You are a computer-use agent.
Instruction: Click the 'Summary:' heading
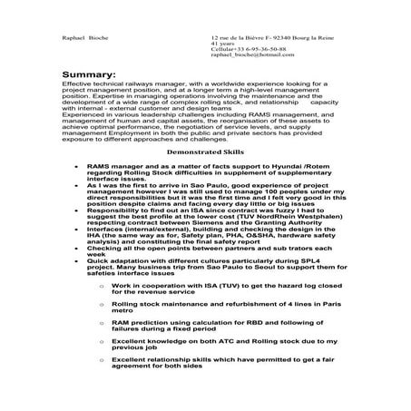(89, 73)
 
